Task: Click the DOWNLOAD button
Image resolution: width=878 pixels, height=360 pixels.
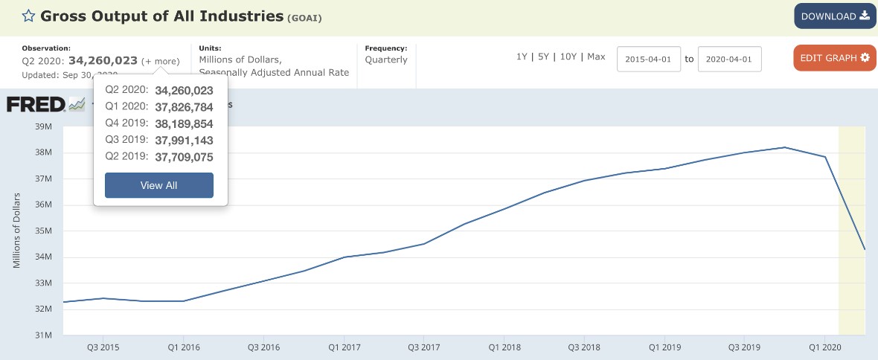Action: click(834, 16)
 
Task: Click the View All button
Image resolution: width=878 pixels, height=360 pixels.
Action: click(158, 185)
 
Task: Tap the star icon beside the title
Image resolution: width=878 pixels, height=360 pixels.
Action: click(28, 16)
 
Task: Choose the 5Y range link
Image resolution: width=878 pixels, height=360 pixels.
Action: click(545, 57)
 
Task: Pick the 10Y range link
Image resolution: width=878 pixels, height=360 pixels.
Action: click(568, 57)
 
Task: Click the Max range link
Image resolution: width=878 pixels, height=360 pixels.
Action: click(596, 57)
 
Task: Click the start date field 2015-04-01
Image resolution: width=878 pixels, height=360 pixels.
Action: click(649, 60)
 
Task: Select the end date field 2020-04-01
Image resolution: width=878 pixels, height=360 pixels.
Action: click(729, 60)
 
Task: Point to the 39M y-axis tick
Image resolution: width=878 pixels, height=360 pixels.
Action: click(43, 126)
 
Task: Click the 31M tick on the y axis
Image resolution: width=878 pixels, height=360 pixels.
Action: click(43, 335)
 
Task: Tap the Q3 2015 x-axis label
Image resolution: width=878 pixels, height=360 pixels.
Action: click(103, 347)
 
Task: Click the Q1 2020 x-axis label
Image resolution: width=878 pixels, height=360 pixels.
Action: click(824, 347)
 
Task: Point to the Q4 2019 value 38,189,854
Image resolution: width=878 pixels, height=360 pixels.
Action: click(184, 123)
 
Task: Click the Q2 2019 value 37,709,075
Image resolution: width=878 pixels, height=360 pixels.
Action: click(184, 156)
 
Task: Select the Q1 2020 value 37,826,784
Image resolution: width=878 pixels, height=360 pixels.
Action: click(184, 107)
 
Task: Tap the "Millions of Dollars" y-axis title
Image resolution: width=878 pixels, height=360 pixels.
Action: click(16, 231)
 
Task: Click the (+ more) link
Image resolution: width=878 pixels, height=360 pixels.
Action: click(160, 61)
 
